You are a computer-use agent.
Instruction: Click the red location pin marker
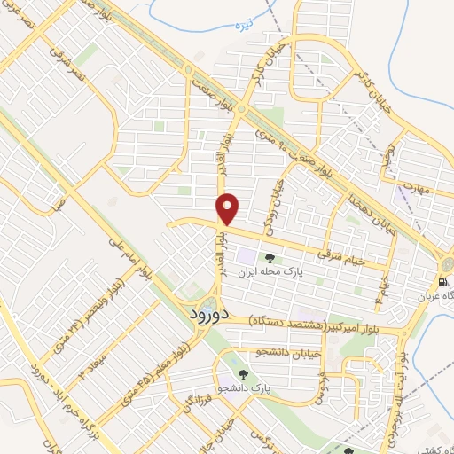click(x=229, y=208)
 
